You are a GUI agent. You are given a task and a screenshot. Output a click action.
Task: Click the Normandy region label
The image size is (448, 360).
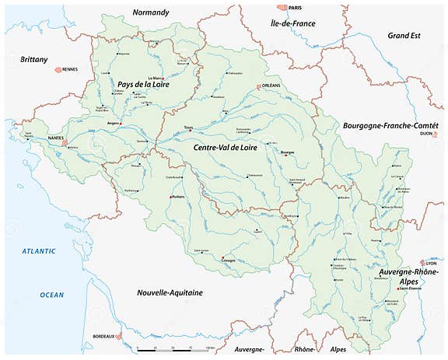pyautogui.click(x=151, y=12)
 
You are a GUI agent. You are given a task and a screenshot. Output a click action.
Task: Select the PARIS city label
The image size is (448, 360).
pyautogui.click(x=294, y=8)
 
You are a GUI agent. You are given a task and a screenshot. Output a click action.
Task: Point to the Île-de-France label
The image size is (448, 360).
pyautogui.click(x=292, y=23)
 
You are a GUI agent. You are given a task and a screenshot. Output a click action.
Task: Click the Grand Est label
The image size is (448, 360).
pyautogui.click(x=404, y=36)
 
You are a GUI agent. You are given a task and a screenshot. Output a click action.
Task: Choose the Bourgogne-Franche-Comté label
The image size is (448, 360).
pyautogui.click(x=390, y=125)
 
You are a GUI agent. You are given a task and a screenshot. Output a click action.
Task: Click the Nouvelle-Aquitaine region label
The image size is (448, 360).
pyautogui.click(x=170, y=292)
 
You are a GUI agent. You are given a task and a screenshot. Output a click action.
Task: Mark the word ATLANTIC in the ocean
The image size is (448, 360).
pyautogui.click(x=39, y=251)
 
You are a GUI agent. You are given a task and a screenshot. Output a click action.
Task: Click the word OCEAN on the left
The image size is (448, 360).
pyautogui.click(x=53, y=294)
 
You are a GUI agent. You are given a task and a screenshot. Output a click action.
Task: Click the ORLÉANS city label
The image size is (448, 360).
pyautogui.click(x=270, y=87)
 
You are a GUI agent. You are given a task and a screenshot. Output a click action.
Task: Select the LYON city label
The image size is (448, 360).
pyautogui.click(x=432, y=264)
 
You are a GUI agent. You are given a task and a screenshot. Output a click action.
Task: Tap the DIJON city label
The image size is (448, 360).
pyautogui.click(x=425, y=134)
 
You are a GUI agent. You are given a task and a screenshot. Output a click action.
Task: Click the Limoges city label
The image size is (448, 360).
pyautogui.click(x=227, y=260)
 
